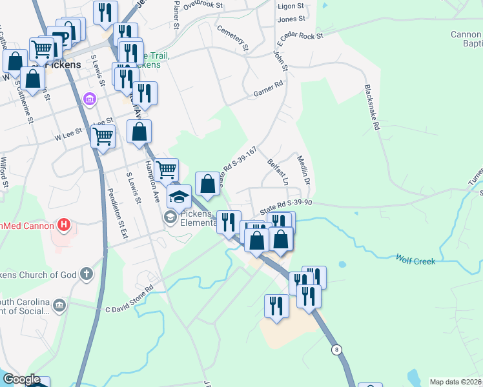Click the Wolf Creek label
point(416,261)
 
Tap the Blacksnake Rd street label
point(372,108)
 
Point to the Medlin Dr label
point(303,170)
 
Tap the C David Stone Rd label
point(129,299)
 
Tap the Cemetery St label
point(232,38)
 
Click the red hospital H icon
point(64,225)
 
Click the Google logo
point(21,379)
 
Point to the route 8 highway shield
point(336,350)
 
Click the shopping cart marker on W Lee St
point(103,137)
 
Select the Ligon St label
point(291,6)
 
